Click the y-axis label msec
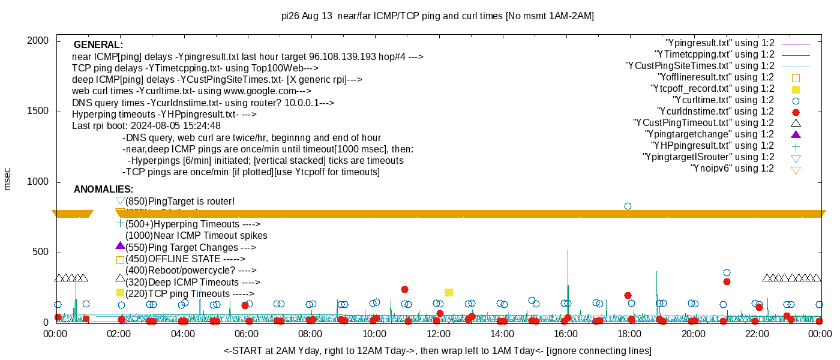coord(7,179)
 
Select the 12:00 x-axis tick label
coord(438,334)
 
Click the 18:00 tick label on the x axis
coord(628,334)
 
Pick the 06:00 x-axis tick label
coord(247,334)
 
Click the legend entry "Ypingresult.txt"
coord(720,43)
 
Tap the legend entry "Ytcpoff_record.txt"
coord(713,89)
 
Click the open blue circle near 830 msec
coord(628,206)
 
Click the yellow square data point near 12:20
coord(449,292)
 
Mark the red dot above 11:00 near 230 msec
coord(404,290)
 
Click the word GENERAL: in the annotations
coord(98,45)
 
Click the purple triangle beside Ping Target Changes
coord(120,245)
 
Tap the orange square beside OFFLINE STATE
coord(120,260)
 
